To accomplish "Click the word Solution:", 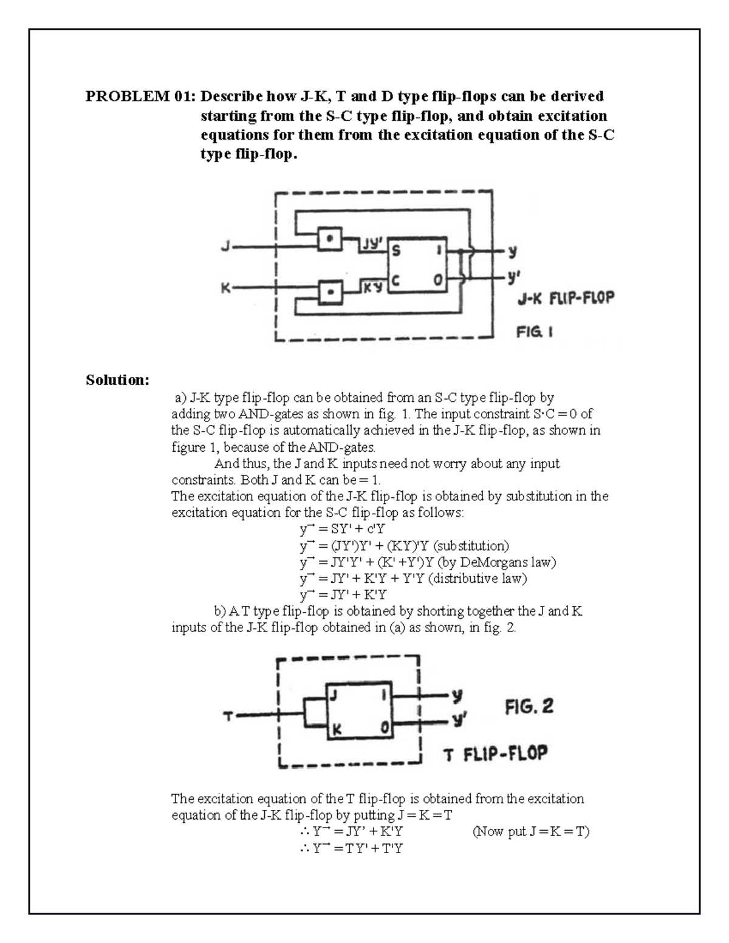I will pos(117,380).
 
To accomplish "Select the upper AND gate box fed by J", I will pos(330,239).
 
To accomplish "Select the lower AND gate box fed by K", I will pos(330,291).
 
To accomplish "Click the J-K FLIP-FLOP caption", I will pos(566,299).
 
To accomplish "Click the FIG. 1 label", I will pos(535,332).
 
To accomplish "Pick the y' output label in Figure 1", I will pos(513,278).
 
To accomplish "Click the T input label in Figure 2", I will pos(228,717).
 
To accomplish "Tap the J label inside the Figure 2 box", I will pos(333,696).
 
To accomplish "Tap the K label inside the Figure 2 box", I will pos(335,730).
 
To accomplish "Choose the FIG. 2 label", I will pos(529,707).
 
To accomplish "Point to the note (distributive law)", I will pos(477,578).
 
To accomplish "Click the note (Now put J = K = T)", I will pos(530,831).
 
